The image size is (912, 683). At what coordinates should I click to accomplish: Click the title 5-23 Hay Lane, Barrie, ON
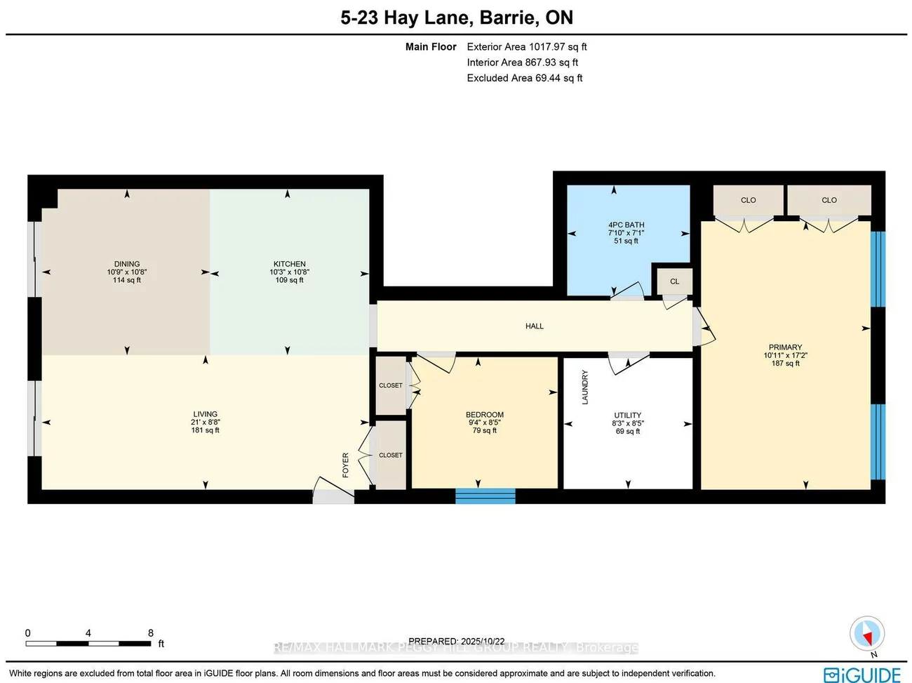(x=457, y=18)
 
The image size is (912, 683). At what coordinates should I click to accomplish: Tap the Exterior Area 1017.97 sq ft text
(x=526, y=47)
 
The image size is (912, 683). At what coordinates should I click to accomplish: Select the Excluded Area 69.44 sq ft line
(x=524, y=78)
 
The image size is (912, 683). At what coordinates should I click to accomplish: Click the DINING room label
(x=127, y=264)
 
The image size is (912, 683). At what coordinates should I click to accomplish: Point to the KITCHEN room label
(x=289, y=264)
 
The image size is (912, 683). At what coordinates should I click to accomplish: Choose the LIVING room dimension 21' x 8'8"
(x=206, y=423)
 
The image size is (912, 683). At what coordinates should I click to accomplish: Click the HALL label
(x=535, y=326)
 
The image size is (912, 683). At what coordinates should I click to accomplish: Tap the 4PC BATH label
(x=626, y=225)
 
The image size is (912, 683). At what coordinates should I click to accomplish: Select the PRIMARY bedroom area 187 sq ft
(x=785, y=364)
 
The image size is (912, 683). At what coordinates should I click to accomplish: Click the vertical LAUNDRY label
(x=585, y=387)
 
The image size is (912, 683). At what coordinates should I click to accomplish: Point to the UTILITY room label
(x=627, y=415)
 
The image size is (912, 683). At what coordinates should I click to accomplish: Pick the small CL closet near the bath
(x=674, y=281)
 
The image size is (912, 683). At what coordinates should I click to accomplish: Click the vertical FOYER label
(x=345, y=465)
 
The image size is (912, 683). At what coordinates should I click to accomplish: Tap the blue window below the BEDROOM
(x=485, y=496)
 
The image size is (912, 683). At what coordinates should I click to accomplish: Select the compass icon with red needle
(x=867, y=635)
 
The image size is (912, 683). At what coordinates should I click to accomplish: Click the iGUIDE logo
(x=862, y=675)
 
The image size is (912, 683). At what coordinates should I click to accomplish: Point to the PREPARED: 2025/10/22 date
(x=457, y=641)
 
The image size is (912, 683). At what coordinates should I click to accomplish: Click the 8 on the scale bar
(x=151, y=633)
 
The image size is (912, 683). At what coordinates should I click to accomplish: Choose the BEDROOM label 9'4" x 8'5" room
(x=485, y=415)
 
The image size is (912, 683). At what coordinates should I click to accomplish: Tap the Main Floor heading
(x=431, y=47)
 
